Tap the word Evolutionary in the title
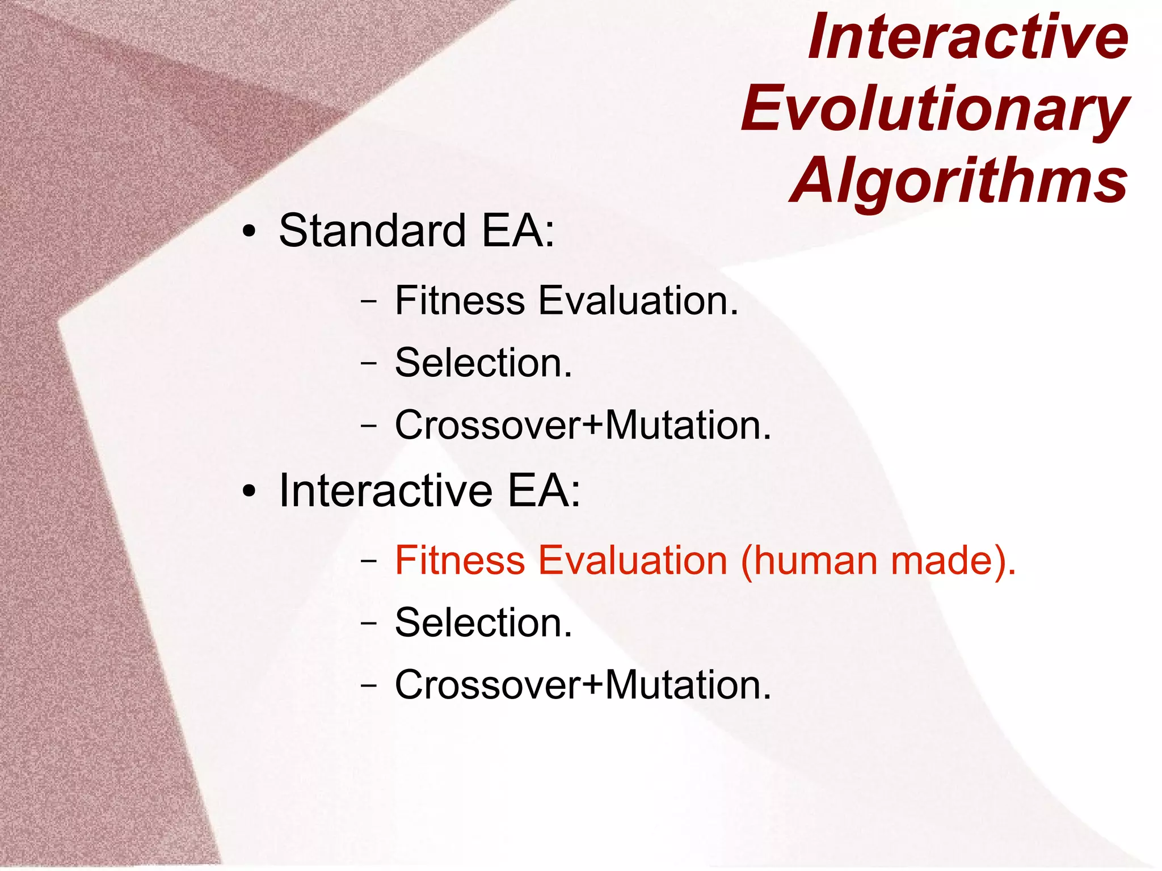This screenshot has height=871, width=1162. [934, 108]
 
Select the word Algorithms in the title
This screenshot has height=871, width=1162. [958, 180]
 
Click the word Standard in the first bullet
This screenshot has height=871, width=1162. [372, 231]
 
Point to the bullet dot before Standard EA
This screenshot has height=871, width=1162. [248, 232]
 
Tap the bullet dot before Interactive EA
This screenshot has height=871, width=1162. [248, 492]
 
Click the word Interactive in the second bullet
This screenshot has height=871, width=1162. [386, 491]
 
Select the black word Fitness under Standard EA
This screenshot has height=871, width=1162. [460, 301]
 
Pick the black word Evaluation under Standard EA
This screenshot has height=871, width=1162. [638, 301]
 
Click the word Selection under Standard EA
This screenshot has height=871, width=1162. [483, 363]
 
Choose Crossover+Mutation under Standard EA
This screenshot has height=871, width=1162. [583, 426]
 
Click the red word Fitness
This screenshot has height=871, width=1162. [460, 561]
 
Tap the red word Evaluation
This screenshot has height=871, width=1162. [632, 561]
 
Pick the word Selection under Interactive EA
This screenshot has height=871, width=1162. [483, 623]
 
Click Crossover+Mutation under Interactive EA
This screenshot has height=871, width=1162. [583, 685]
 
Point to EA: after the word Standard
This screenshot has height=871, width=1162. [517, 231]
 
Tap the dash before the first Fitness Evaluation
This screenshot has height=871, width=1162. [368, 302]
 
